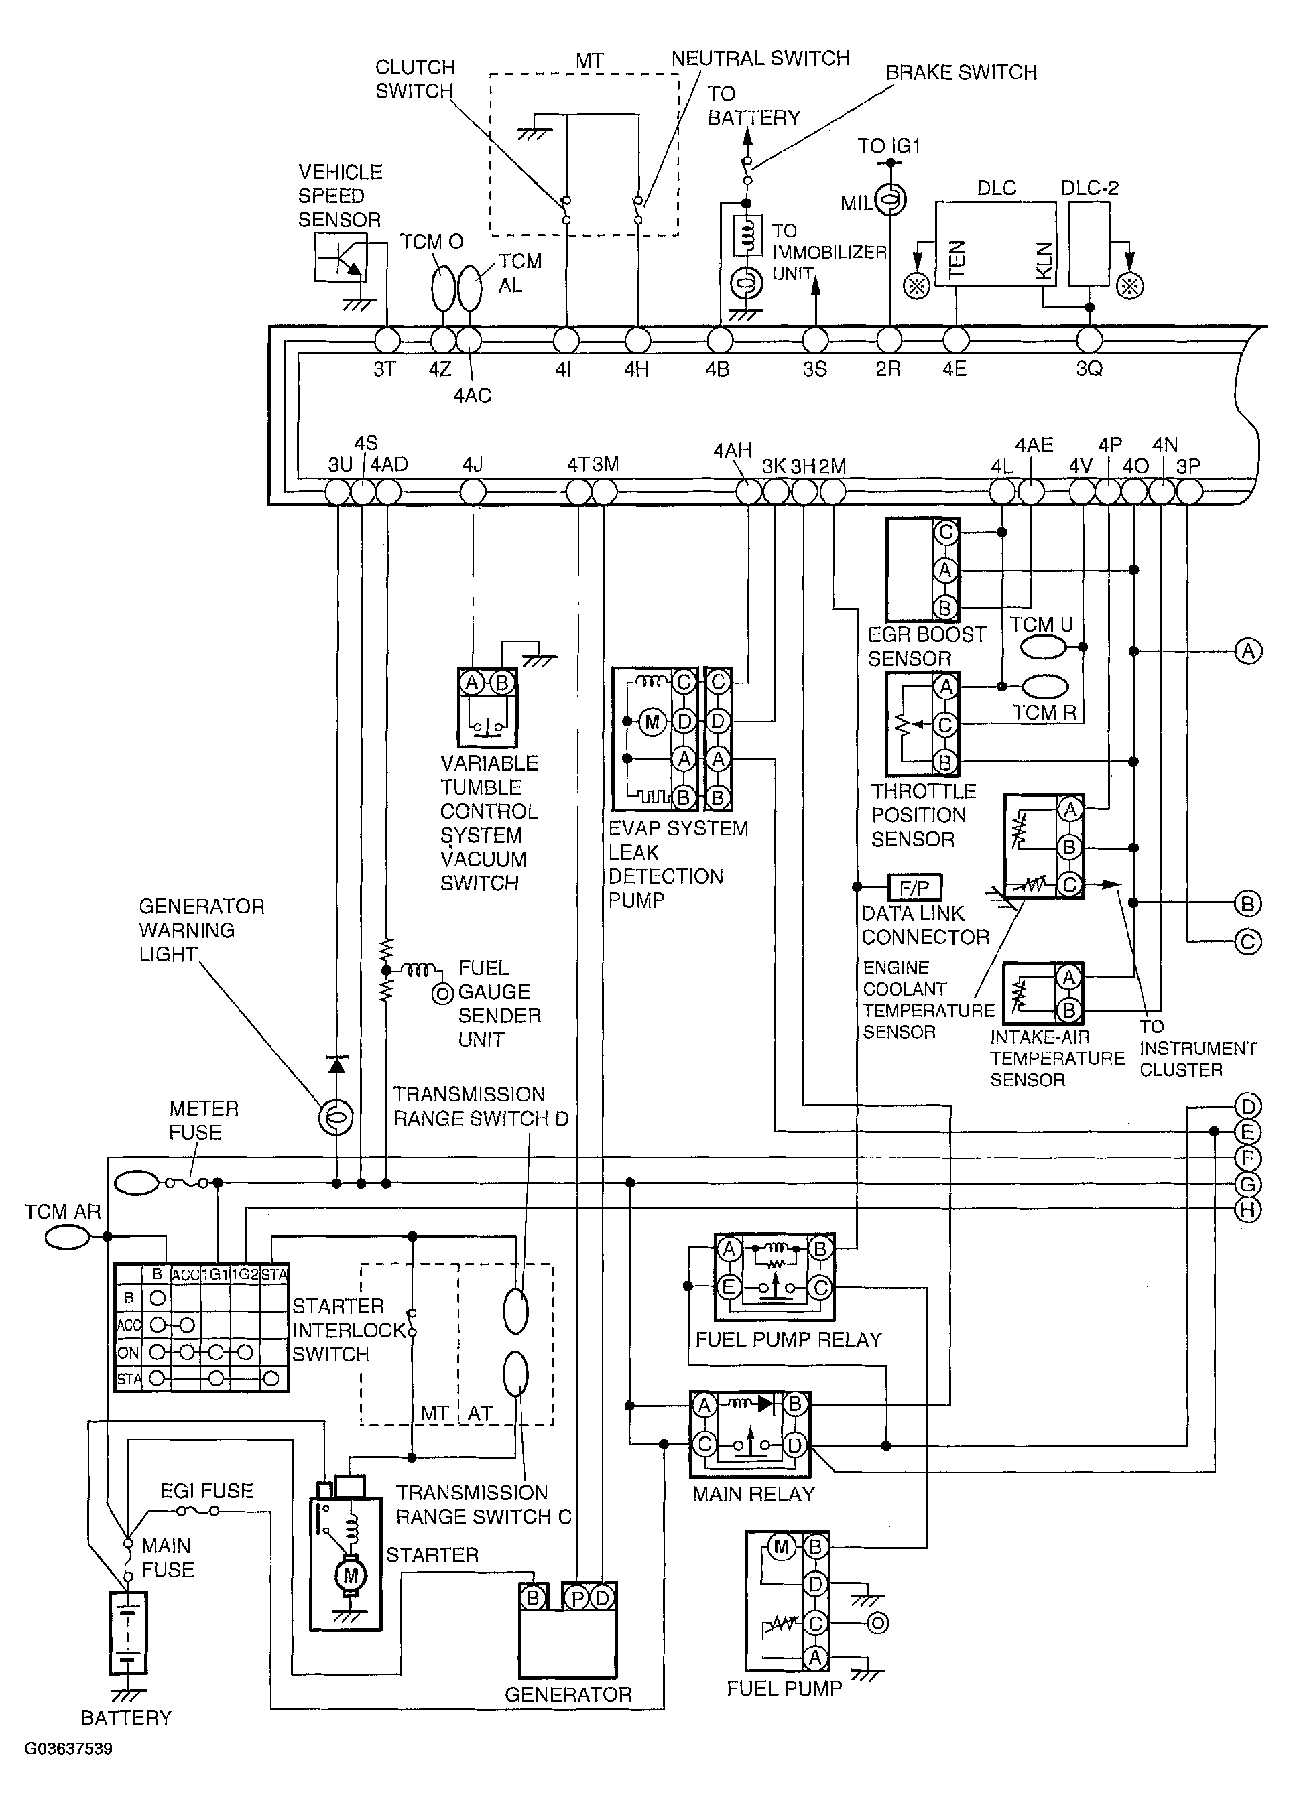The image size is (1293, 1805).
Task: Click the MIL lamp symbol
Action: [x=891, y=200]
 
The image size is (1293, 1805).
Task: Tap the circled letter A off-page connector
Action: [x=1247, y=651]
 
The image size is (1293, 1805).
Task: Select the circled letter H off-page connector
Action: [x=1247, y=1211]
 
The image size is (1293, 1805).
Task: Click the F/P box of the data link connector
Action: [x=914, y=886]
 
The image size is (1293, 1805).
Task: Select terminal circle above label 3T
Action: [x=387, y=340]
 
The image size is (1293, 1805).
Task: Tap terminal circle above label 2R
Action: [x=889, y=340]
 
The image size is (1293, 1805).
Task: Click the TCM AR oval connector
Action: [x=67, y=1237]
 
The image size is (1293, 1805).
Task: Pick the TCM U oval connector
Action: [x=1043, y=647]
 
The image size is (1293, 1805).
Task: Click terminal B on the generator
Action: [x=533, y=1598]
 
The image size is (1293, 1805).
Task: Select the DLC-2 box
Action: [x=1089, y=243]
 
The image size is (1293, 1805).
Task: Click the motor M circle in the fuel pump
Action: [x=780, y=1546]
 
